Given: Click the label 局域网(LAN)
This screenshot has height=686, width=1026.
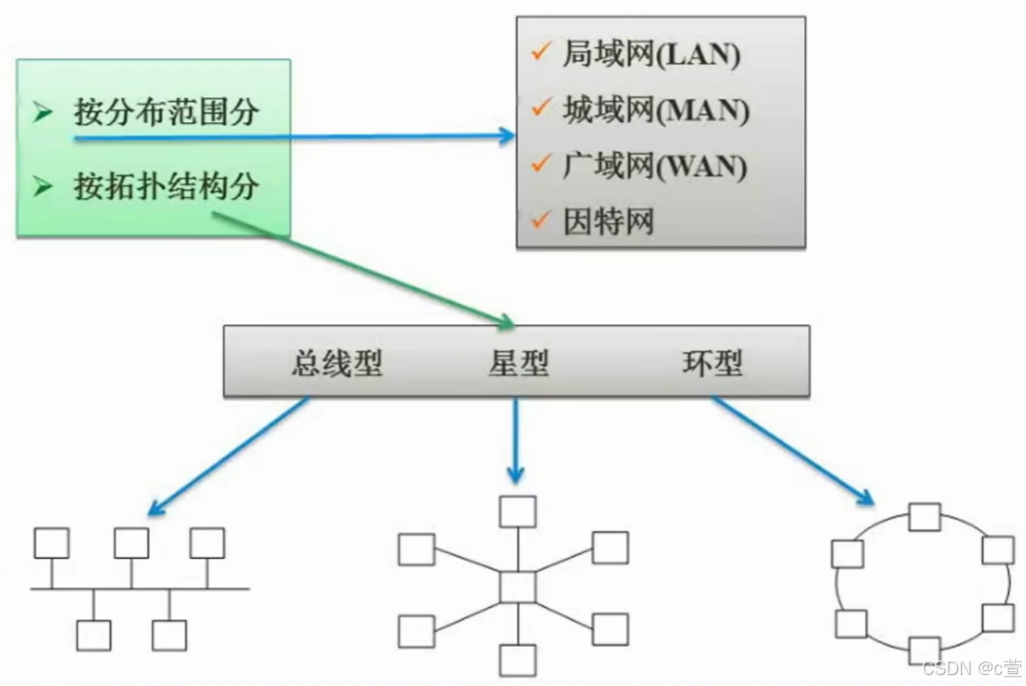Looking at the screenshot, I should pyautogui.click(x=650, y=55).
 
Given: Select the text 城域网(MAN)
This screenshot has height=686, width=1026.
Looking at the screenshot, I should pyautogui.click(x=655, y=110).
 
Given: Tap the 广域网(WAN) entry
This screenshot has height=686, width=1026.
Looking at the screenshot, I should pyautogui.click(x=654, y=166).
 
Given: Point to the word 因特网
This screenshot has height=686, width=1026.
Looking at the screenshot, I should pyautogui.click(x=608, y=221).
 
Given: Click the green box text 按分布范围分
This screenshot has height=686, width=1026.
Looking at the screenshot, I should pyautogui.click(x=166, y=111).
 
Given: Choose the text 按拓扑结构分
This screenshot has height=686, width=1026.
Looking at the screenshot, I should pyautogui.click(x=166, y=186).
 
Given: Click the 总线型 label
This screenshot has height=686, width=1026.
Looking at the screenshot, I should pyautogui.click(x=337, y=364).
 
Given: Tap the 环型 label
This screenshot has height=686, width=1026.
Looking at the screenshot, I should pyautogui.click(x=712, y=364).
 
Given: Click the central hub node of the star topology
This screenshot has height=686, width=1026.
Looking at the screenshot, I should pyautogui.click(x=517, y=586).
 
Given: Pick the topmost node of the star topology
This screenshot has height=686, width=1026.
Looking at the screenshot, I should pyautogui.click(x=517, y=512).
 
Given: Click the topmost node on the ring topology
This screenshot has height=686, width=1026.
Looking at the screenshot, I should pyautogui.click(x=924, y=517).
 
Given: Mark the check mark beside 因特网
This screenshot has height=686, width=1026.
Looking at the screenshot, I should pyautogui.click(x=539, y=220).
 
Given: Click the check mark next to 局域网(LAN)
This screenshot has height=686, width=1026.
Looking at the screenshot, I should pyautogui.click(x=539, y=53).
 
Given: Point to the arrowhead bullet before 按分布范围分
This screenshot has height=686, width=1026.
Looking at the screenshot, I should pyautogui.click(x=42, y=112).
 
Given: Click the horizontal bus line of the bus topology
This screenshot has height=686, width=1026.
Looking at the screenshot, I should pyautogui.click(x=138, y=589).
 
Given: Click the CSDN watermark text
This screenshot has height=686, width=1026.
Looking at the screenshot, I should pyautogui.click(x=970, y=669).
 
